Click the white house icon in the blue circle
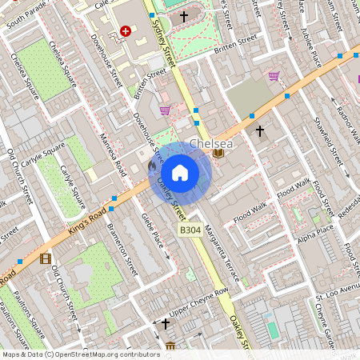coord(180,173)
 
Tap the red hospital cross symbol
coord(125,31)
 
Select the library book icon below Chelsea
coord(218,154)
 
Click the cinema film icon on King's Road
coord(45,258)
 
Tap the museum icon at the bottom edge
coord(170,346)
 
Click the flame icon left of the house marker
coord(152,165)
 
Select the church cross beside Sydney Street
coord(183,15)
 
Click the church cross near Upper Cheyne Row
coord(166,324)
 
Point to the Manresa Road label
coord(112,157)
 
